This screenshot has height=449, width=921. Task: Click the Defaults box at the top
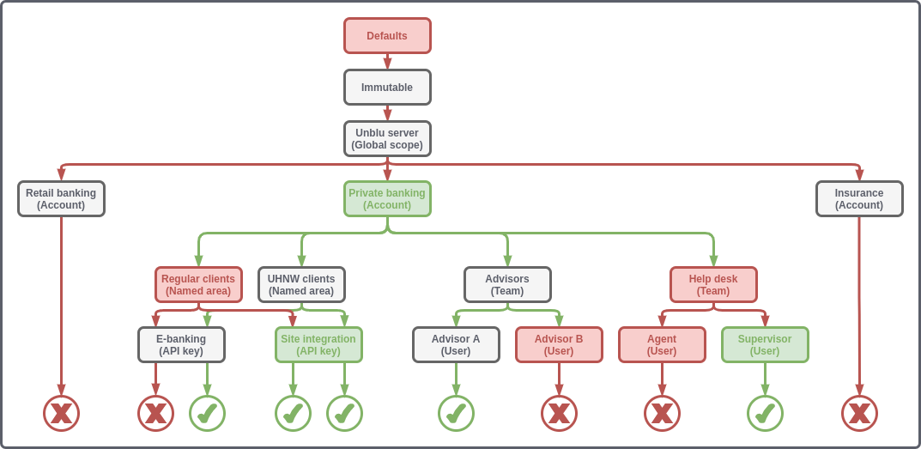[x=387, y=36]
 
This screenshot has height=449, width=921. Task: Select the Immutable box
[x=387, y=88]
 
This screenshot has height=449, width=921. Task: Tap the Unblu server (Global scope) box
[x=387, y=139]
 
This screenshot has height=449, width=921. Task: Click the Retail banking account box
[x=61, y=199]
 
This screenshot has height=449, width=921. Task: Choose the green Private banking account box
[x=387, y=199]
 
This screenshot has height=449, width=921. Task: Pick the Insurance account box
[x=859, y=199]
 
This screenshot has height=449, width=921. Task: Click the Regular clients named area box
[x=198, y=285]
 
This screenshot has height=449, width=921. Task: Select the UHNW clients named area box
[x=301, y=285]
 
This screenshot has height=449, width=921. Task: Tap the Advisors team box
[x=507, y=285]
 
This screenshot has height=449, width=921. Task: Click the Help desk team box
[x=713, y=285]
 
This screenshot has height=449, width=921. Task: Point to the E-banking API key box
[x=181, y=345]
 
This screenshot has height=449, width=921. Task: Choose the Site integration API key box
[x=318, y=345]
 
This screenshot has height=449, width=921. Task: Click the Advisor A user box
[x=456, y=345]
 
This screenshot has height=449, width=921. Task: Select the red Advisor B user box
[x=559, y=345]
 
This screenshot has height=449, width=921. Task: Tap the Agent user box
[x=662, y=345]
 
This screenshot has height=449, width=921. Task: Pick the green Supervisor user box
[x=765, y=345]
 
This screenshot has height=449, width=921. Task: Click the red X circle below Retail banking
[x=61, y=414]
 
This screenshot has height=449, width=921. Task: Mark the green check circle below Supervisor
[x=765, y=414]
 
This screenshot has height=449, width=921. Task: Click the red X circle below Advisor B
[x=559, y=414]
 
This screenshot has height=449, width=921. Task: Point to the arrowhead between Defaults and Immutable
[x=387, y=64]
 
